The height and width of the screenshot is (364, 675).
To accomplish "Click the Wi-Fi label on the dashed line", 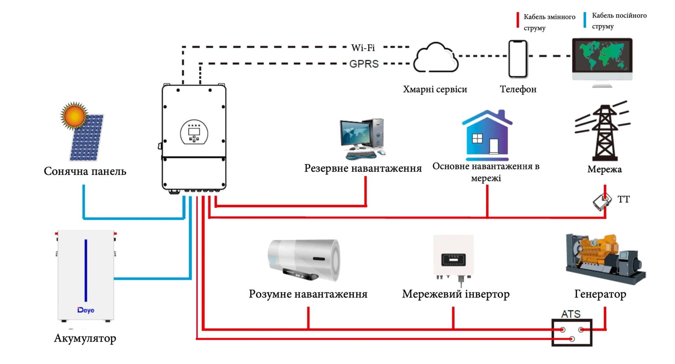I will click(x=363, y=48).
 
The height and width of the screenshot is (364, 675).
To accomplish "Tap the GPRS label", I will click(x=364, y=64).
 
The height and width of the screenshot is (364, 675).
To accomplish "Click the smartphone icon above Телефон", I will click(x=518, y=58).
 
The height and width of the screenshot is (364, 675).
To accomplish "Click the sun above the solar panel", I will click(x=74, y=115).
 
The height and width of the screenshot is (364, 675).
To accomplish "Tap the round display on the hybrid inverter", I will click(x=194, y=132).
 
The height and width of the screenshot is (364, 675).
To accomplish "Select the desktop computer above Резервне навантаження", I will click(x=362, y=139).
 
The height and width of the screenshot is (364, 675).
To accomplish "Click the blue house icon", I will click(x=487, y=136).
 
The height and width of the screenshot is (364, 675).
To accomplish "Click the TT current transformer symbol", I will click(x=602, y=202).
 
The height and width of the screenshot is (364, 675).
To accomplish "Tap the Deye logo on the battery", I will click(x=86, y=310).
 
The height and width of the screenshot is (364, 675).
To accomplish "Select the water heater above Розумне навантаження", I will click(x=304, y=260).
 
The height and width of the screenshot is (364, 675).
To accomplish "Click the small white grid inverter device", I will click(x=454, y=257).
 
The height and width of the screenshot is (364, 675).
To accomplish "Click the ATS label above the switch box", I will click(x=571, y=314).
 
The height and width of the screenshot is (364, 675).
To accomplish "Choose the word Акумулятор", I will click(x=85, y=338).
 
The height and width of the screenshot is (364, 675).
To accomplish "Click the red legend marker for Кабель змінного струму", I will click(x=517, y=20).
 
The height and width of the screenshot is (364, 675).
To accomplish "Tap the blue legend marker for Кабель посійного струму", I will click(x=585, y=20).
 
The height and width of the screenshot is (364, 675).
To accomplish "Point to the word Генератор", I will click(x=600, y=294).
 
